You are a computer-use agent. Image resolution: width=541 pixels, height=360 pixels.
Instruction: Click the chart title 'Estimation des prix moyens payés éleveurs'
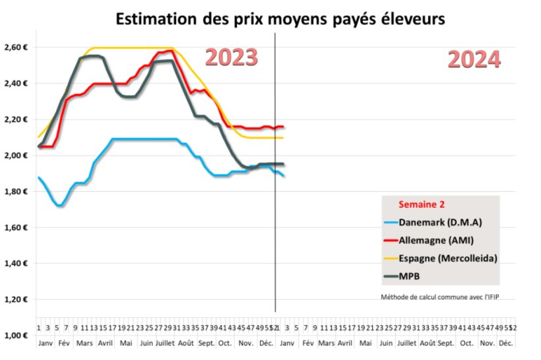280,20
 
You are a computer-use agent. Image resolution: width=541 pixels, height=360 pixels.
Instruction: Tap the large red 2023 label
231,58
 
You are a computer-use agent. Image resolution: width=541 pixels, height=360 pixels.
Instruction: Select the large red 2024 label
474,60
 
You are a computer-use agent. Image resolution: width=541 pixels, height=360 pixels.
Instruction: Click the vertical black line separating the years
275,198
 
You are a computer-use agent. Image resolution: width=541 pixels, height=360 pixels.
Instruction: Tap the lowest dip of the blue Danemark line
60,206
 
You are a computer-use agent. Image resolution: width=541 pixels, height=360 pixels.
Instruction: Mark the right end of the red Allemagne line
283,127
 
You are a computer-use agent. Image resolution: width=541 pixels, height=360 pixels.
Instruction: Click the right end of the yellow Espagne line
282,138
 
